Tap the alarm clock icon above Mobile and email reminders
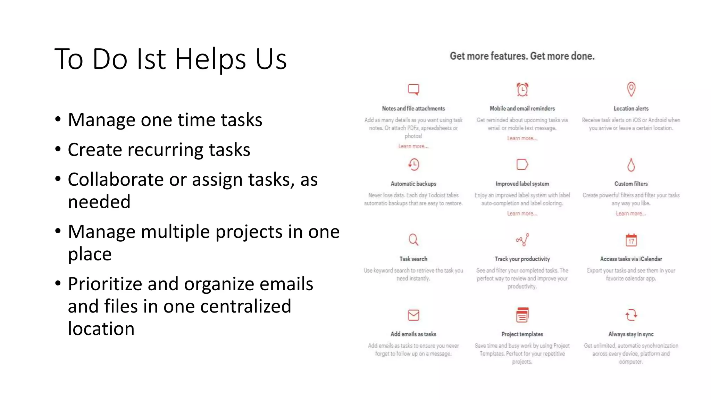(x=522, y=89)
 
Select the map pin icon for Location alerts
(x=631, y=89)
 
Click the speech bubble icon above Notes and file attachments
(x=413, y=89)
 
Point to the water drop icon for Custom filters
(x=631, y=165)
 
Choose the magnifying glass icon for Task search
(x=413, y=240)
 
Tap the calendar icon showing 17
(x=631, y=240)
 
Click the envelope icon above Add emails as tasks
(x=413, y=315)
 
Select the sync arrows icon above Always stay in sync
(x=631, y=315)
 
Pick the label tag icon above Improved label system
(x=522, y=164)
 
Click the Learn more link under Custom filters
(x=631, y=214)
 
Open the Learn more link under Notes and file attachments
(x=413, y=146)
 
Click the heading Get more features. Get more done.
(x=522, y=56)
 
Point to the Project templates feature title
(x=522, y=334)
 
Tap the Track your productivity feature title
(x=522, y=259)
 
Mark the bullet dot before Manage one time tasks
(x=58, y=119)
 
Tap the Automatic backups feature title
(x=413, y=184)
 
